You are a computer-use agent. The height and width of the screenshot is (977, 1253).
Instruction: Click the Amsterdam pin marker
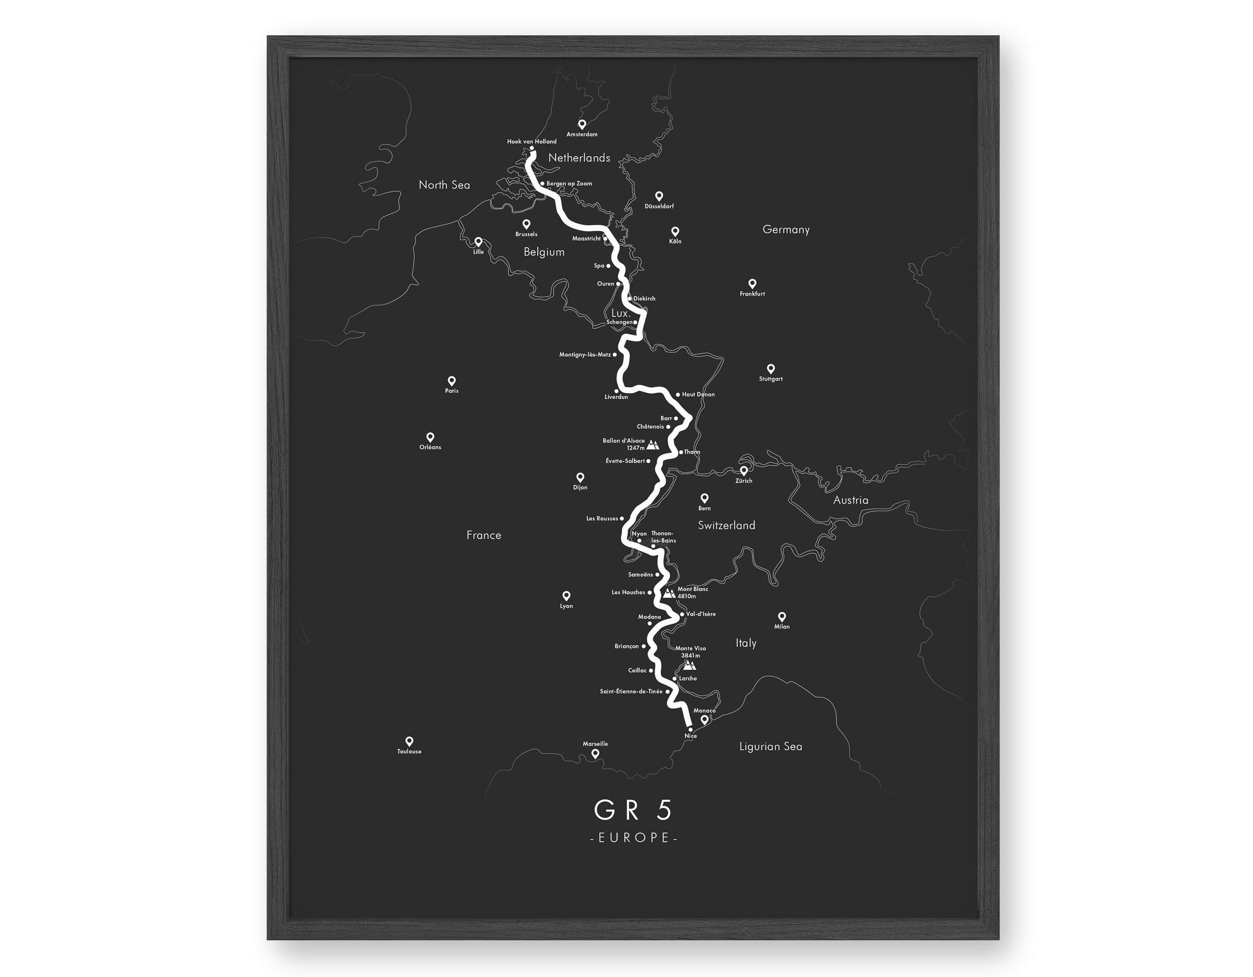click(582, 124)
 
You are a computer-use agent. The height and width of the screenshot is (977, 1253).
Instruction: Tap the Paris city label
click(451, 391)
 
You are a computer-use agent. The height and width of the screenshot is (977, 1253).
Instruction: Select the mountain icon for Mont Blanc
click(668, 593)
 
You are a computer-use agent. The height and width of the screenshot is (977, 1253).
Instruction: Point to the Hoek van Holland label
click(531, 141)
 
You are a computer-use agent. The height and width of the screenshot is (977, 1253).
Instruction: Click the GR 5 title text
click(633, 810)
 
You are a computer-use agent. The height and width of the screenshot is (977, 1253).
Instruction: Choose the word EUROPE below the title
click(634, 838)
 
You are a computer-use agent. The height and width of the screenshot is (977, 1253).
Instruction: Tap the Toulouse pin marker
click(409, 741)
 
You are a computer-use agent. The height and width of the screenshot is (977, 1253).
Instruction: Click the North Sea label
click(444, 185)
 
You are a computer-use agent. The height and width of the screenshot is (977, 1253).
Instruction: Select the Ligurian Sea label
click(770, 746)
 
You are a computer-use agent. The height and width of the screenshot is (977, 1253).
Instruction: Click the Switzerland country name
click(726, 525)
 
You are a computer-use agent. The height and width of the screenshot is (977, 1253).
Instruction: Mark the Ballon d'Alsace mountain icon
click(653, 444)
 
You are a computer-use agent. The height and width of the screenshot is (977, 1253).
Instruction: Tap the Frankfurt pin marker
click(752, 283)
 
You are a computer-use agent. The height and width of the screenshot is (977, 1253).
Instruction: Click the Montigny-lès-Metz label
click(585, 355)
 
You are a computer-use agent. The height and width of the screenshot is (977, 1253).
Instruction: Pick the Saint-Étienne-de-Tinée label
click(631, 691)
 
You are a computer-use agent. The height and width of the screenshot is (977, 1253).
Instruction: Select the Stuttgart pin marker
click(770, 368)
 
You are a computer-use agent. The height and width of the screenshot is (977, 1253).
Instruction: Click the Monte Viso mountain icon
click(689, 665)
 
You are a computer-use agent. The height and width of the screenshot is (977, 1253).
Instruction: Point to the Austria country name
click(850, 500)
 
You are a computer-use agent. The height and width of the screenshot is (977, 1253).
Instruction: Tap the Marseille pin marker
click(596, 753)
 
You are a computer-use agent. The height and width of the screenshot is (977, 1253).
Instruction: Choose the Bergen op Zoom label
click(569, 183)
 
